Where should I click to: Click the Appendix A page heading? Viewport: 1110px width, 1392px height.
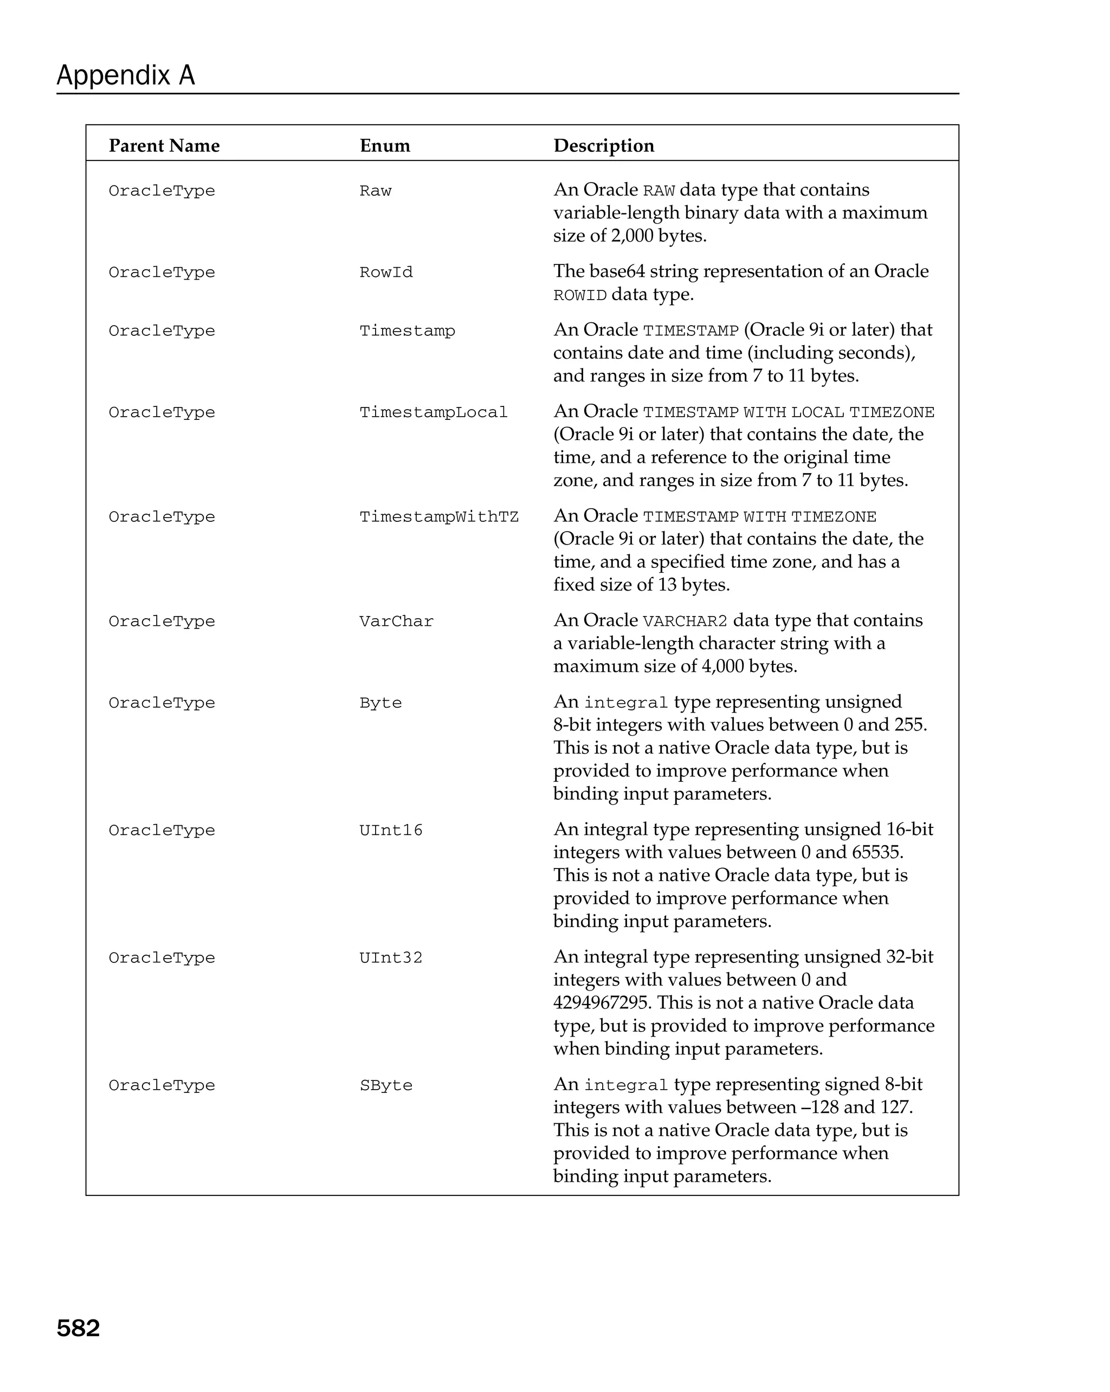[x=125, y=75]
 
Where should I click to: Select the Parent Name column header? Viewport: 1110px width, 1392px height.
[x=164, y=145]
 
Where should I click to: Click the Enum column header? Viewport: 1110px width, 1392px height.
[x=385, y=145]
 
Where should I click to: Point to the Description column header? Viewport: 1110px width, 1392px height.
[x=604, y=145]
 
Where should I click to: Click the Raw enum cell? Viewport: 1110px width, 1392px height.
[x=375, y=191]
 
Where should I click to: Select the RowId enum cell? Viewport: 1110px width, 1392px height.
[x=385, y=273]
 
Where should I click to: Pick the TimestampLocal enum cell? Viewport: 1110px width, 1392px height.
[x=433, y=412]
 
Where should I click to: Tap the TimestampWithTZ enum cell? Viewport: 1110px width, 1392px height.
[x=438, y=517]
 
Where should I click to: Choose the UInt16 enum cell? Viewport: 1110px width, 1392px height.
[x=391, y=830]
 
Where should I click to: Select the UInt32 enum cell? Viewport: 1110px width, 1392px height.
[x=391, y=958]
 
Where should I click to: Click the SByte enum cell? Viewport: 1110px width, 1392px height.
[x=385, y=1085]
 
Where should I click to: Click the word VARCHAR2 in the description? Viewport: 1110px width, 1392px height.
[x=685, y=621]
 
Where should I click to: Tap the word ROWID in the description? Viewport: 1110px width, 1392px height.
[x=579, y=296]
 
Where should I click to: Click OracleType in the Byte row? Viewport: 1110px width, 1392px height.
[x=162, y=703]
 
